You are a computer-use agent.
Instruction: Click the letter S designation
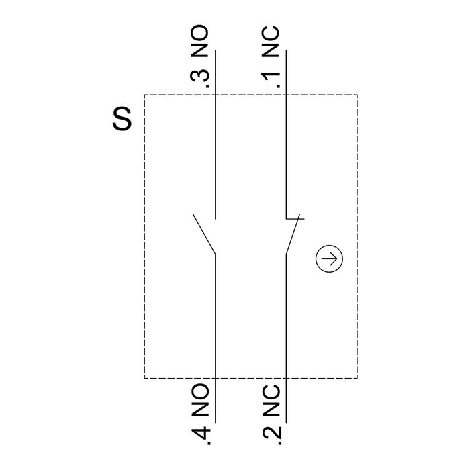tap(122, 118)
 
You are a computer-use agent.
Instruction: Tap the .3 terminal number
tap(199, 79)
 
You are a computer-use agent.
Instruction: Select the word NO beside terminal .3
tap(199, 41)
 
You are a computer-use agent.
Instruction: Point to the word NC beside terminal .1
tap(271, 42)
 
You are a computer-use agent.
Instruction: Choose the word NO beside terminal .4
tap(200, 400)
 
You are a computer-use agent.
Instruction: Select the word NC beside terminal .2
tap(271, 400)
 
